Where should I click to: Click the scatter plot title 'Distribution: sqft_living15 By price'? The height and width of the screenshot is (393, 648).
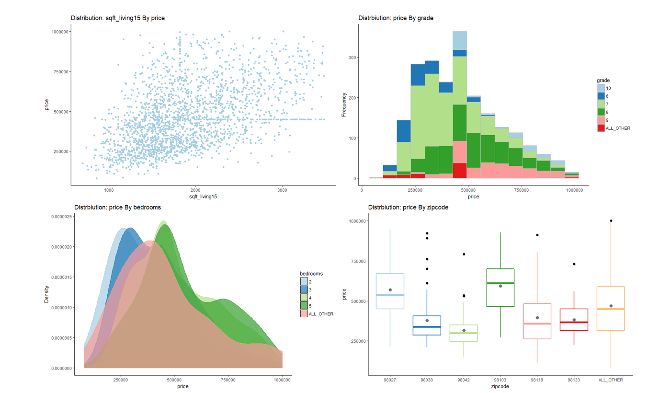tap(118, 18)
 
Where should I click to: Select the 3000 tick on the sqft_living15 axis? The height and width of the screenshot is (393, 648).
tap(282, 189)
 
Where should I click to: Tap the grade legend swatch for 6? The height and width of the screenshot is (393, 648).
tap(601, 96)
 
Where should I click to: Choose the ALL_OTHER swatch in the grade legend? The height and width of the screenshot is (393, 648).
tap(601, 128)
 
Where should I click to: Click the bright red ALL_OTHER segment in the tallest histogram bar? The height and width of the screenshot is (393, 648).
tap(459, 171)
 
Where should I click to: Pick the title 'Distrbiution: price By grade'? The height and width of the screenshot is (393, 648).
tap(396, 18)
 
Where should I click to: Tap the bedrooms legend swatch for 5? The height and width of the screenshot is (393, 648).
tap(304, 306)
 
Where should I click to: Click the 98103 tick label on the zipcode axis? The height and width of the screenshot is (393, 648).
tap(500, 380)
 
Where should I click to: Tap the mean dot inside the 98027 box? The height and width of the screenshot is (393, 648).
tap(390, 290)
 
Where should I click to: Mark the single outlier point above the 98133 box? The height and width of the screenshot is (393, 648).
tap(573, 264)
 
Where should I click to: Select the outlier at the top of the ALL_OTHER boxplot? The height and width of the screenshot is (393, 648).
tap(611, 221)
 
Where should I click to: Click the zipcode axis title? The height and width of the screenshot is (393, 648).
tap(500, 386)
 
